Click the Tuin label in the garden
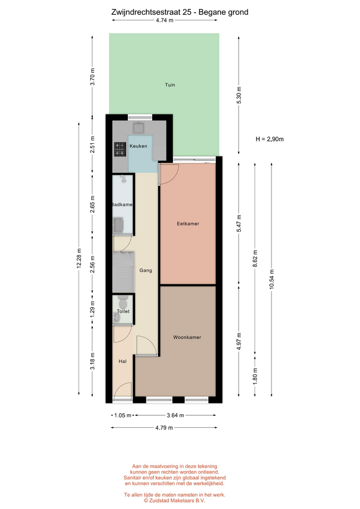click(x=170, y=85)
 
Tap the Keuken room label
click(x=138, y=146)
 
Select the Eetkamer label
click(x=188, y=224)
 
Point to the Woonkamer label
click(x=187, y=337)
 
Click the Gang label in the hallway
click(x=145, y=270)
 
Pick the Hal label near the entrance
click(x=122, y=361)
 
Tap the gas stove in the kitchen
click(x=120, y=150)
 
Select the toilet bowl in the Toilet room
click(x=122, y=303)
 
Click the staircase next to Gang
click(x=124, y=272)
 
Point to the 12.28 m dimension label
click(x=79, y=259)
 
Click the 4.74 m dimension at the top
click(x=164, y=20)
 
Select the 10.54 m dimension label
click(x=271, y=279)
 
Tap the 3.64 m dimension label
click(x=175, y=415)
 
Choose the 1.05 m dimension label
click(x=122, y=415)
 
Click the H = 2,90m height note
click(x=269, y=139)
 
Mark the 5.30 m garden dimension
click(x=239, y=95)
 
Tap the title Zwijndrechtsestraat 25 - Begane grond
click(x=180, y=12)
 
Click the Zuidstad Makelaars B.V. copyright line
click(x=174, y=501)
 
